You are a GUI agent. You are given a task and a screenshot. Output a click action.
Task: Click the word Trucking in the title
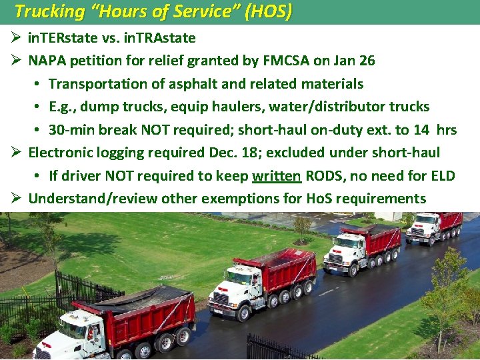[x=43, y=11]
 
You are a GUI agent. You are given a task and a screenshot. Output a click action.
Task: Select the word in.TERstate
[x=63, y=38]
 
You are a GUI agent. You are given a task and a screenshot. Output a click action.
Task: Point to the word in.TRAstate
[x=159, y=38]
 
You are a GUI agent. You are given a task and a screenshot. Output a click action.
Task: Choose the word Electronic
[x=62, y=153]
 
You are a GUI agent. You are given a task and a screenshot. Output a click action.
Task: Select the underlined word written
[x=277, y=176]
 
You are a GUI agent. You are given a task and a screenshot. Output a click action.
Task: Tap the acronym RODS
[x=323, y=176]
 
